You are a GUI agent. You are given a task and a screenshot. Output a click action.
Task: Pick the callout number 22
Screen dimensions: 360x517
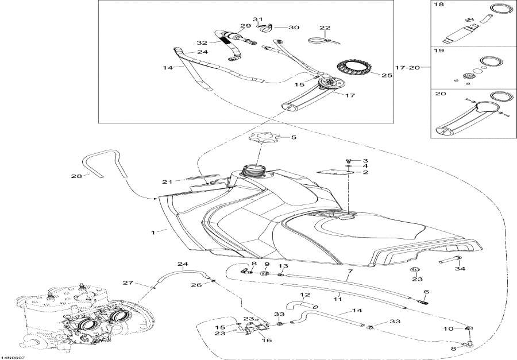(x=325, y=28)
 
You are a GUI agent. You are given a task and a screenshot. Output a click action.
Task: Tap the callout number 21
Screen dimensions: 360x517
(x=167, y=182)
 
